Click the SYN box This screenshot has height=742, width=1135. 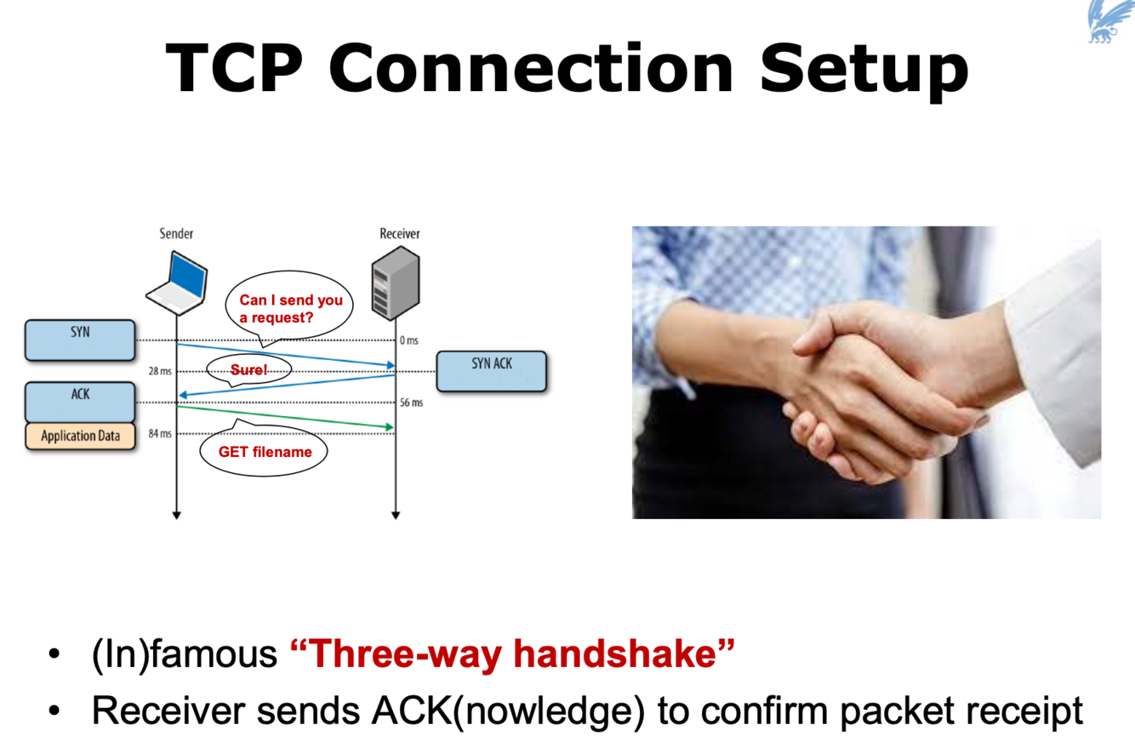(80, 339)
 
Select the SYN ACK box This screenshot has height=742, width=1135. (491, 370)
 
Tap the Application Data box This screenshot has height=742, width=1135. (81, 436)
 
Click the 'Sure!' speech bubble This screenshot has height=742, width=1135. (249, 369)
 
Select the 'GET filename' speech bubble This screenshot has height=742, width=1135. (265, 452)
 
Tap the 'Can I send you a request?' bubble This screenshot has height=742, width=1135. (289, 308)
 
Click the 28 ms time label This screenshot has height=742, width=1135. (159, 372)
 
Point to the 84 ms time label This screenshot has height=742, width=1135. (159, 434)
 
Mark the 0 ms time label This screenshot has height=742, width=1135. (409, 340)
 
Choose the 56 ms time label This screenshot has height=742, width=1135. (411, 402)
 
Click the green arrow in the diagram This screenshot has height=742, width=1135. (285, 416)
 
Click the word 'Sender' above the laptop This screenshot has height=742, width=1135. (177, 233)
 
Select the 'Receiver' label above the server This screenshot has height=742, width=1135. (399, 233)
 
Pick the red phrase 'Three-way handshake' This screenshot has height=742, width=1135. (512, 654)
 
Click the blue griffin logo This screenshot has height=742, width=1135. (1109, 21)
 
